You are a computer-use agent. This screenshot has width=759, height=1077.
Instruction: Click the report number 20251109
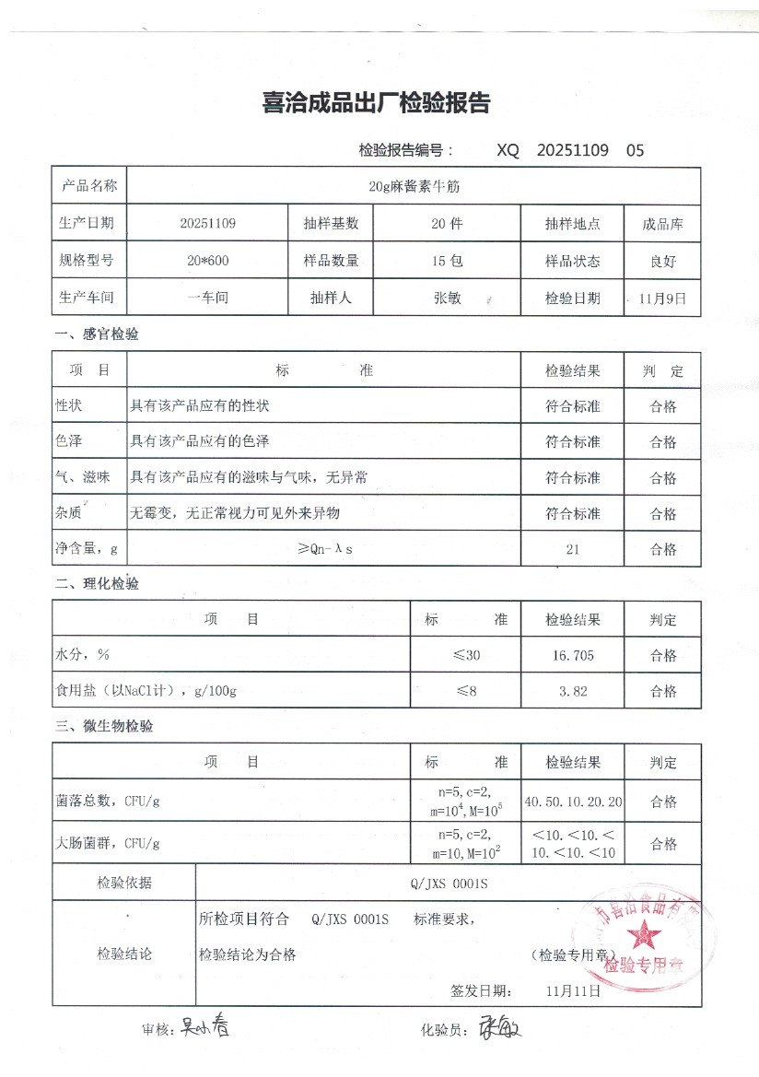[572, 150]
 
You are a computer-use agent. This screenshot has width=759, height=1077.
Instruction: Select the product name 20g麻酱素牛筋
[414, 186]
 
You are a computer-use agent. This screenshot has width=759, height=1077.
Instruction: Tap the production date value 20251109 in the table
[208, 224]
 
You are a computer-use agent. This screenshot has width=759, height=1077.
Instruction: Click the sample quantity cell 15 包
[447, 261]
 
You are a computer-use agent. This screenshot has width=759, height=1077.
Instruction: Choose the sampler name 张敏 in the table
[447, 299]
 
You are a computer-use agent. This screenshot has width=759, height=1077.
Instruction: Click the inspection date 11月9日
[662, 299]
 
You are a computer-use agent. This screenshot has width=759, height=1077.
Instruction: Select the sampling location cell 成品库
[662, 224]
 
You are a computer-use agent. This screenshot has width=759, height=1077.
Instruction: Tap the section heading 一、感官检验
[97, 334]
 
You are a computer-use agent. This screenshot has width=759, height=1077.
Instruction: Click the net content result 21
[572, 549]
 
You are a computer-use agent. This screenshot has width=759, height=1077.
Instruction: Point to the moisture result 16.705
[572, 656]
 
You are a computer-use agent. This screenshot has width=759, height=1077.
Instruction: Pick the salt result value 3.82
[572, 691]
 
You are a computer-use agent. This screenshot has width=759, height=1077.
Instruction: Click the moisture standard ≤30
[466, 656]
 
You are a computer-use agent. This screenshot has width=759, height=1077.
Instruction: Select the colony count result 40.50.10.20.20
[572, 802]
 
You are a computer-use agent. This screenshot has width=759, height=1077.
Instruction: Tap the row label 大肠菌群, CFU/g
[109, 842]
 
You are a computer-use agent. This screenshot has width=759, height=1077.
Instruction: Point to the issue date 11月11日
[573, 991]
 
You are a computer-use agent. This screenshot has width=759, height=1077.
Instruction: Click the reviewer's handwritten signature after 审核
[204, 1026]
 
